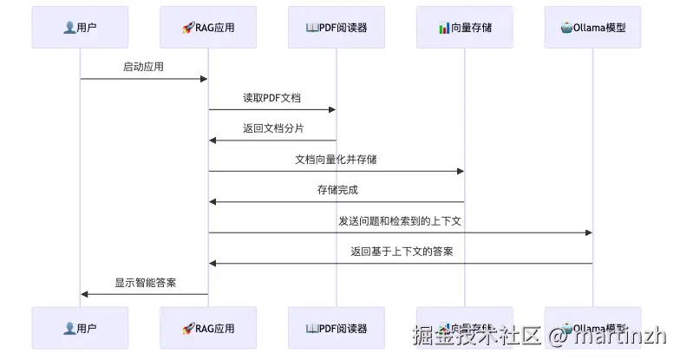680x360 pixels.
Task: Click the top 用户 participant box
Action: (x=80, y=27)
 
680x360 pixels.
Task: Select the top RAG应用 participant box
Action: (x=208, y=27)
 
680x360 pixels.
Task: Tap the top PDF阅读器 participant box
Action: (x=337, y=27)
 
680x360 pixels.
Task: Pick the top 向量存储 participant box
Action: (x=464, y=27)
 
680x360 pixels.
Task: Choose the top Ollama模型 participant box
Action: (x=592, y=27)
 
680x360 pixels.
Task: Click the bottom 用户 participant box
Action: (x=80, y=328)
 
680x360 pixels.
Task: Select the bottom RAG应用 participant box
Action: (x=208, y=328)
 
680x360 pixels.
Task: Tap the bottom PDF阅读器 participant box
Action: (x=337, y=328)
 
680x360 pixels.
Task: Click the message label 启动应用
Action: (x=143, y=67)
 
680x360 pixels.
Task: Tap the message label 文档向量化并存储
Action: (x=336, y=160)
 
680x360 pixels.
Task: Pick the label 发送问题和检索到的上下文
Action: (x=400, y=221)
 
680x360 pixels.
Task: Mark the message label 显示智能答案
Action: (x=146, y=283)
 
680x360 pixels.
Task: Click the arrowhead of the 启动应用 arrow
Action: (x=204, y=79)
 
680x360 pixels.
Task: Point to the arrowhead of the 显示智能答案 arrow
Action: (x=84, y=294)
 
